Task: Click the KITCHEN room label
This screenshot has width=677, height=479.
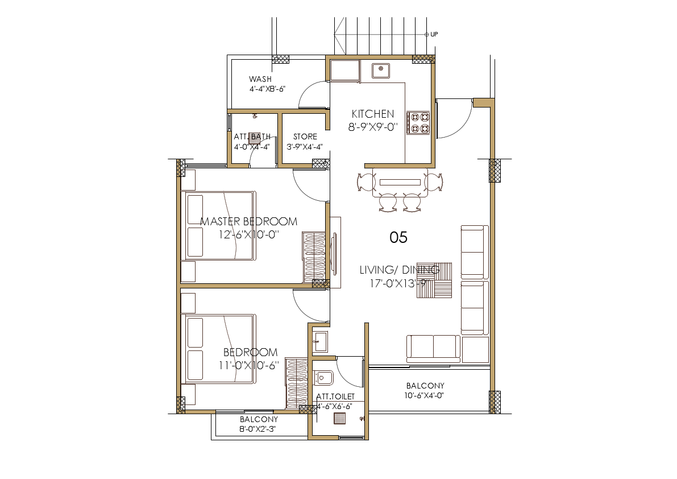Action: point(372,114)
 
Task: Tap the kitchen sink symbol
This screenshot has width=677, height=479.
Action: point(380,71)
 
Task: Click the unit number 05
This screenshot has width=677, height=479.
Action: point(398,237)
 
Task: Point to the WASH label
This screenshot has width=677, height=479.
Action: point(260,79)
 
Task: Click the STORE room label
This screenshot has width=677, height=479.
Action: point(305,137)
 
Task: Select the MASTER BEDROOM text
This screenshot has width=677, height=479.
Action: point(249,221)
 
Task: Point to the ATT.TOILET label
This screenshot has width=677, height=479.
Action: point(335,396)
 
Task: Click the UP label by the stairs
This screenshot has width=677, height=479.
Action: point(434,34)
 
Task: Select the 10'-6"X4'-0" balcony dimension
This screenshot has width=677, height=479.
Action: point(425,395)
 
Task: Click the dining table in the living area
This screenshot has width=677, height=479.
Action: point(400,182)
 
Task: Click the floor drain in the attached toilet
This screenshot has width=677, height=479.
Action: point(340,419)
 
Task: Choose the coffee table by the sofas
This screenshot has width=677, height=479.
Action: point(435,280)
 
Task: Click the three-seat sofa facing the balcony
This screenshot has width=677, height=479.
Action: point(433,349)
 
